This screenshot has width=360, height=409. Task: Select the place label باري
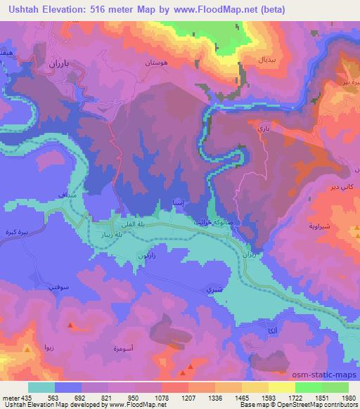[263, 129]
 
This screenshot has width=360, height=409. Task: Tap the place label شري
[210, 289]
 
